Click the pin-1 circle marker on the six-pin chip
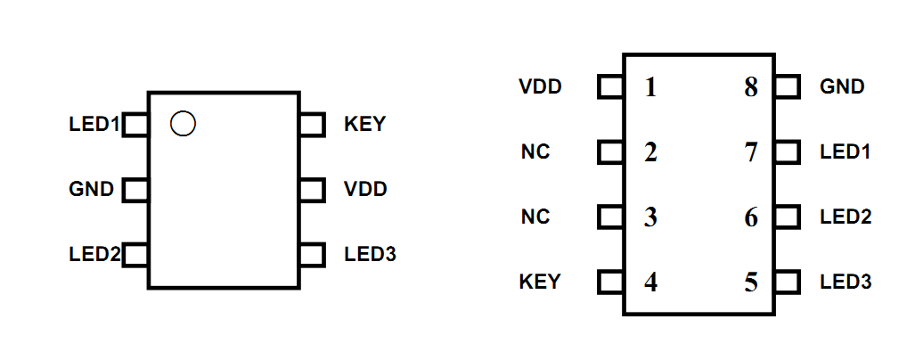coord(183,124)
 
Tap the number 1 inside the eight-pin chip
coord(650,87)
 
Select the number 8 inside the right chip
coord(751,87)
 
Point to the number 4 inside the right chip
coord(650,282)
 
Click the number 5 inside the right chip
coord(751,282)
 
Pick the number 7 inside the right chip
coord(751,152)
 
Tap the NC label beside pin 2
coord(535,152)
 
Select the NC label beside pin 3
coord(535,217)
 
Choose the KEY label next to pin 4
coord(540,282)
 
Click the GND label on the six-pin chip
coord(91,190)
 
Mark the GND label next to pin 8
coord(842,87)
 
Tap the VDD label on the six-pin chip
coord(365,190)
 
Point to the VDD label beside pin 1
coord(540,87)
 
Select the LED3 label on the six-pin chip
coord(370,255)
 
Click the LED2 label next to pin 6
coord(845,217)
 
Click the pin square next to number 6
coord(787,217)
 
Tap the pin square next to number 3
coord(610,217)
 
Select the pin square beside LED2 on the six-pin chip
coord(135,255)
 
